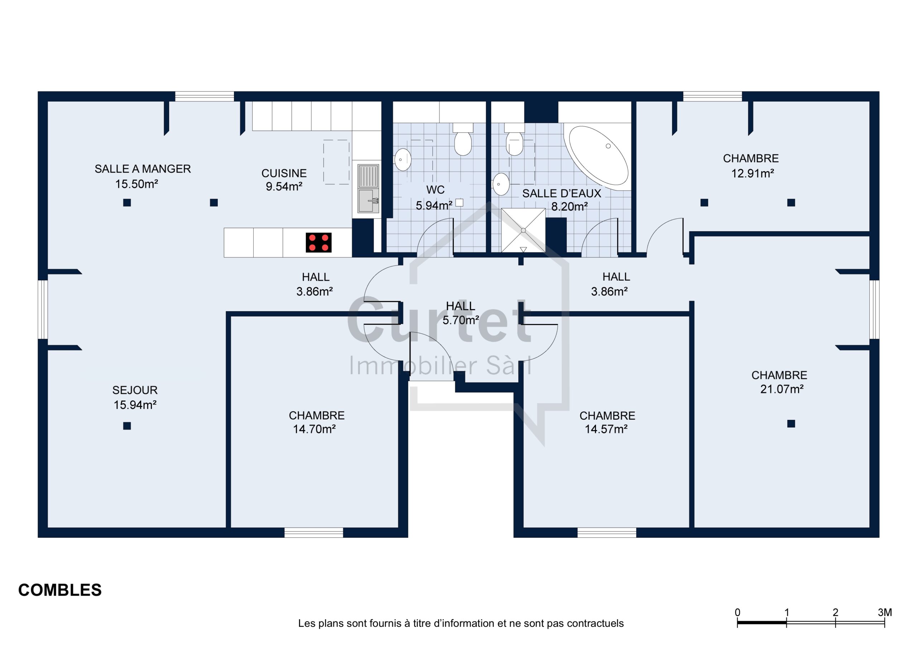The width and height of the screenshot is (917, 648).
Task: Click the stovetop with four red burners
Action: pos(319,243)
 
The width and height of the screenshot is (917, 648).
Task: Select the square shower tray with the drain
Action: pos(523,230)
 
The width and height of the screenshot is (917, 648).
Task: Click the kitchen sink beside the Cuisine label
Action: pos(368,188)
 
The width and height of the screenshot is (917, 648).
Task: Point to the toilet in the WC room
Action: pos(463,139)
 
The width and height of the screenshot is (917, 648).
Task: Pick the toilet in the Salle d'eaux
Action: pos(514,139)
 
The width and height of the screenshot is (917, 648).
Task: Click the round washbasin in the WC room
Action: pos(403,160)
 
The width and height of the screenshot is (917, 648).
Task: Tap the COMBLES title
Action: pos(60,590)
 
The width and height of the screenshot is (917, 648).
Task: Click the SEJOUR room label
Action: pos(135,390)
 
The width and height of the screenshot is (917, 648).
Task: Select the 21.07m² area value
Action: pos(782,389)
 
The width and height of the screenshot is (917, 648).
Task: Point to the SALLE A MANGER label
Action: pos(143,169)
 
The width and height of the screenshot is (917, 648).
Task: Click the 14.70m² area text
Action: pos(314,429)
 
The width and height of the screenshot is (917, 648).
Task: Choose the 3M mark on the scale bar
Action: pos(885,612)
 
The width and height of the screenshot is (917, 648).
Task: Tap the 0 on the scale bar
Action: pos(737,612)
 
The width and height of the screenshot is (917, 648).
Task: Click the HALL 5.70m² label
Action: pos(461,313)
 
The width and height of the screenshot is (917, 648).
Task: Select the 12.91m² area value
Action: pos(753,173)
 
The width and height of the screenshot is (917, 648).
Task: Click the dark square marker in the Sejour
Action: pos(127,426)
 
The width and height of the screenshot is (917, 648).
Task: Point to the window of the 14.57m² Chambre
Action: pos(607,532)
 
